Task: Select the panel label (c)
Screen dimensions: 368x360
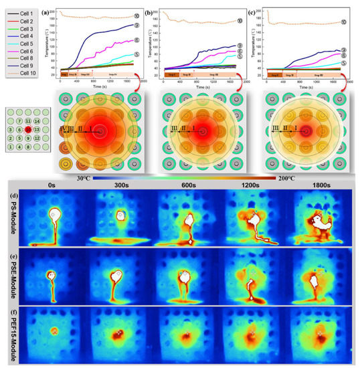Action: tap(271, 11)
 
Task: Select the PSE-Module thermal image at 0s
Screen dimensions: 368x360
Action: tap(54, 276)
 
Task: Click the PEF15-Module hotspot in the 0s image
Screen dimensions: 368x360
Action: tap(54, 331)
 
